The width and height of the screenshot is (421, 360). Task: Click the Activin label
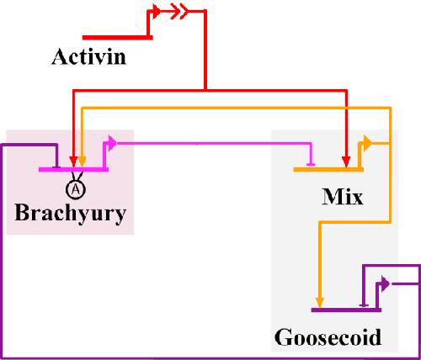click(x=88, y=56)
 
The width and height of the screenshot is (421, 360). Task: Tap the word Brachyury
click(x=70, y=214)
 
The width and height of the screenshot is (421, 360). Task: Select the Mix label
click(x=343, y=197)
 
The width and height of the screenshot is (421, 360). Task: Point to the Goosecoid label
click(x=328, y=337)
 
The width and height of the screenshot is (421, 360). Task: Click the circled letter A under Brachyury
click(x=76, y=189)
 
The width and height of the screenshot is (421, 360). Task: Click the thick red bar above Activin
click(x=118, y=37)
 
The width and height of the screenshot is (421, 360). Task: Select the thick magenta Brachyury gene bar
click(x=73, y=169)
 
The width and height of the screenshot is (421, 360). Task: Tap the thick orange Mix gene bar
click(x=328, y=169)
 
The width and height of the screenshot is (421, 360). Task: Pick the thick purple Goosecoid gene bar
click(x=346, y=310)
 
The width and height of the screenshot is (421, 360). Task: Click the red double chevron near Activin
click(x=179, y=11)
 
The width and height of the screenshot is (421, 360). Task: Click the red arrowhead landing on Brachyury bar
click(x=73, y=161)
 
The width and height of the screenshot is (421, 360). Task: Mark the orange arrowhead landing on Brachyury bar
click(x=82, y=161)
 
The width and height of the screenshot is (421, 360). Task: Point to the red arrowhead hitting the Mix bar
click(x=346, y=161)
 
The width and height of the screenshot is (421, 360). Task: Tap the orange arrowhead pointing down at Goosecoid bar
click(x=320, y=302)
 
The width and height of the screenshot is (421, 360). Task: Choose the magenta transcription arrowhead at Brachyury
click(x=113, y=143)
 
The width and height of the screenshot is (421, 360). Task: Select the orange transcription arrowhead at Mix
click(x=368, y=143)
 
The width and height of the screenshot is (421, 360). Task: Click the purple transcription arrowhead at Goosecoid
click(x=386, y=283)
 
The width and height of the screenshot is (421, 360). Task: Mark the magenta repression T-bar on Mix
click(x=311, y=164)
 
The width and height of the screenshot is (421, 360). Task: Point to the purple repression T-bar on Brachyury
click(x=57, y=167)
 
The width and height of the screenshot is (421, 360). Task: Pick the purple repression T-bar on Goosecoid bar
click(x=364, y=305)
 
